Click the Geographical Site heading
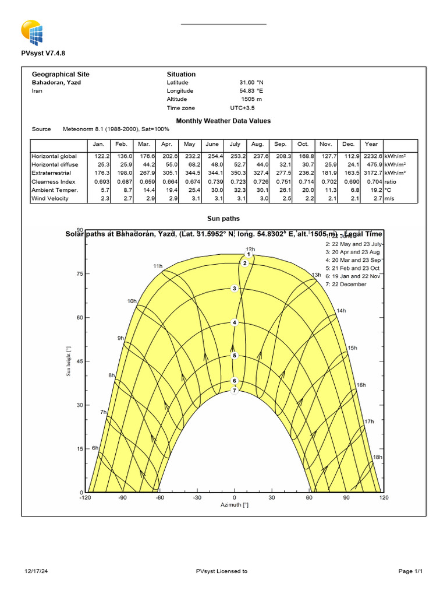coord(61,75)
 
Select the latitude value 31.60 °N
coord(251,83)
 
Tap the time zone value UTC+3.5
coord(242,108)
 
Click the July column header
coord(235,144)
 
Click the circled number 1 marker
coord(249,254)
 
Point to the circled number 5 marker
coord(235,356)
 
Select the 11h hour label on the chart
coord(158,266)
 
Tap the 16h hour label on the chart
coord(361,385)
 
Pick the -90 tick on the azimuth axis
coord(123,498)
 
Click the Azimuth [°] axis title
coord(235,505)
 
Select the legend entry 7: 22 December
coord(346,285)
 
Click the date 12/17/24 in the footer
coord(36,571)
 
